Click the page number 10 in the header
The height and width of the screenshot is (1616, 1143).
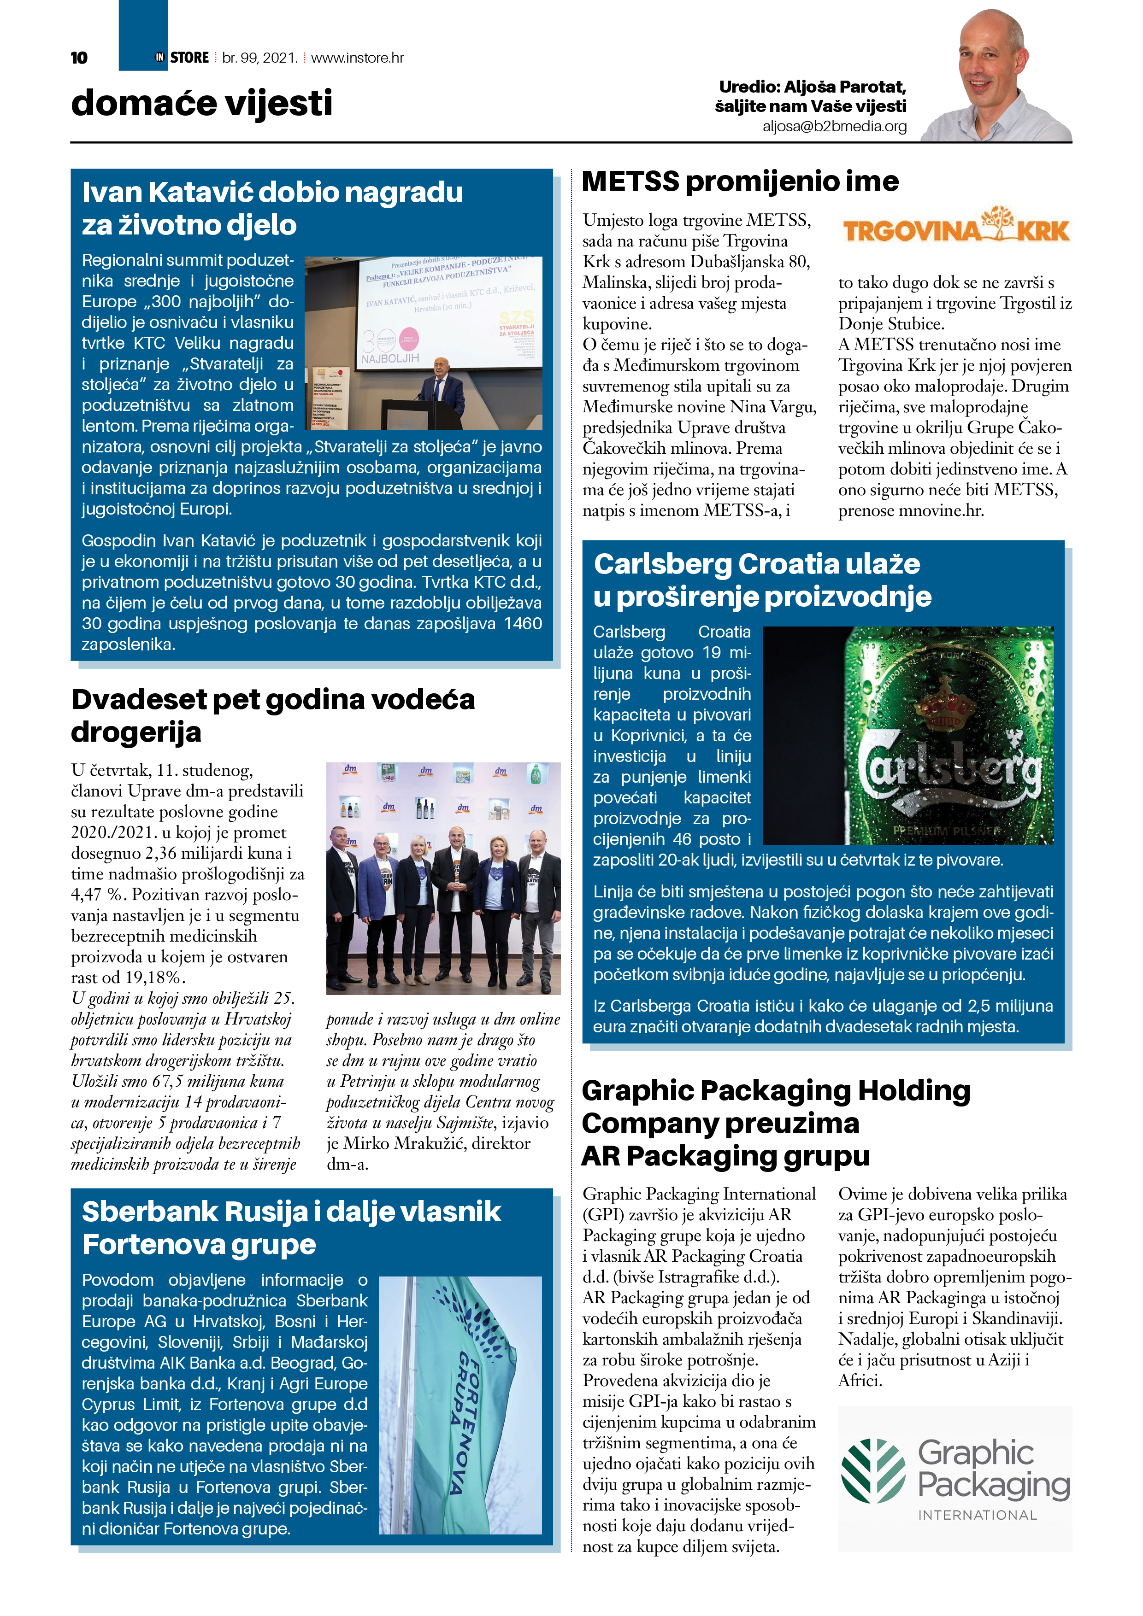click(x=79, y=58)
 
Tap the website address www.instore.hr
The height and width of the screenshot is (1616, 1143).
click(x=357, y=58)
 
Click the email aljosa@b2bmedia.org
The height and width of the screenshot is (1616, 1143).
click(x=835, y=126)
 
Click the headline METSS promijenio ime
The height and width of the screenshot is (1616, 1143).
click(x=739, y=182)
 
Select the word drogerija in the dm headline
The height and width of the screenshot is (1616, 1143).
click(x=136, y=732)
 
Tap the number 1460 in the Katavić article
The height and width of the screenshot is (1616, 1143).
click(x=523, y=624)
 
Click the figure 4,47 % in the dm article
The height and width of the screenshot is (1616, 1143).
click(x=99, y=895)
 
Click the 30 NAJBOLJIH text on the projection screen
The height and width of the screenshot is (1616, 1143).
click(x=389, y=348)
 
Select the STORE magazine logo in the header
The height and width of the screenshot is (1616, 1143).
click(x=183, y=58)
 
